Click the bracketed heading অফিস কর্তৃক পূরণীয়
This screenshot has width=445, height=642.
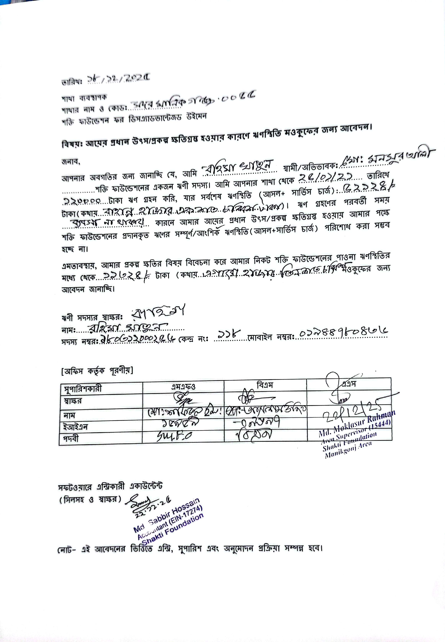97,371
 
